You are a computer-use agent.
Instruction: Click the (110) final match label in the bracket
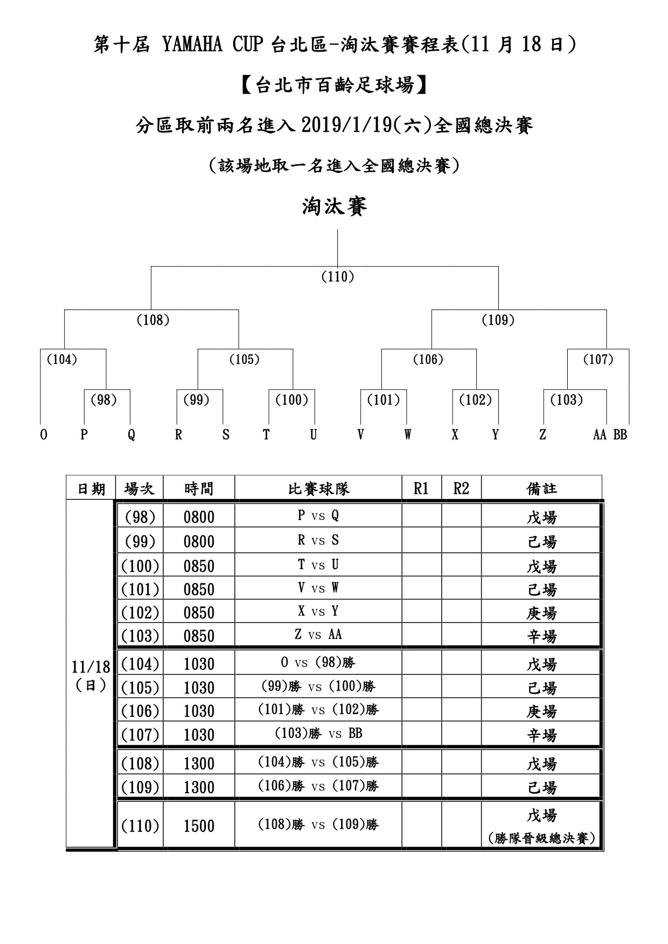tap(337, 277)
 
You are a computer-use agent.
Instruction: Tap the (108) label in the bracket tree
tap(153, 320)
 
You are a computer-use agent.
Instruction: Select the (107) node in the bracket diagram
tap(599, 359)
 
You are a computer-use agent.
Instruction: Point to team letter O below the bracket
tap(44, 435)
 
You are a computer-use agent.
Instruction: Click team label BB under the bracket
tap(620, 435)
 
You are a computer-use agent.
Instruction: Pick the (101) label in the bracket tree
tap(384, 400)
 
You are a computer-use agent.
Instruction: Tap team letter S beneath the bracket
tap(226, 435)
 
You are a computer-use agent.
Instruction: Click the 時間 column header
tap(199, 489)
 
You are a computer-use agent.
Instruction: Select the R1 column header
tap(421, 488)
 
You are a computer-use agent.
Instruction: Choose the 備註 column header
tap(541, 489)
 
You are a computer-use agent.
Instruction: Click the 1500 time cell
tap(199, 826)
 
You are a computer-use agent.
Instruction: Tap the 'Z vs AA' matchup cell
tap(318, 635)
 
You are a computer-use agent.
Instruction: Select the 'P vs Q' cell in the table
tap(318, 516)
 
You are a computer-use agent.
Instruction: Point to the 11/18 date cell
tap(91, 667)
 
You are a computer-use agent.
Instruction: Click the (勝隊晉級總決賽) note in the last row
tap(541, 839)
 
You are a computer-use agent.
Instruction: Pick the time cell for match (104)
tap(199, 664)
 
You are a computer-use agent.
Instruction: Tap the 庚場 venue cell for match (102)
tap(541, 613)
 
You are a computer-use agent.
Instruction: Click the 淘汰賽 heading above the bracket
tap(334, 207)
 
